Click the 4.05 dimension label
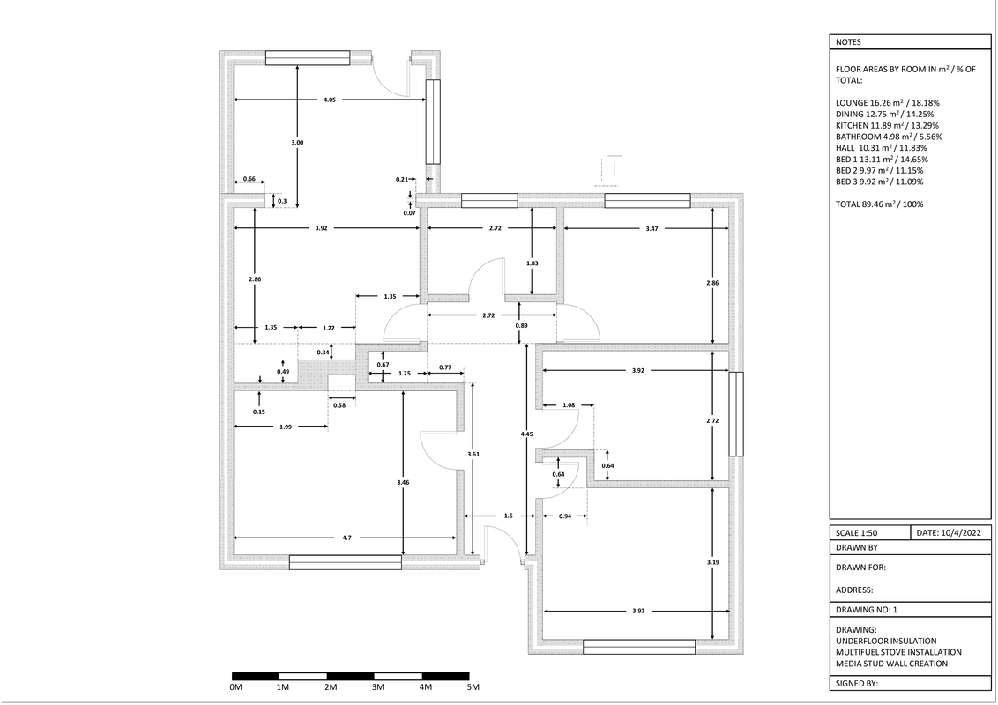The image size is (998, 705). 330,100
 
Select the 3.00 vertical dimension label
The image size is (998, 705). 297,143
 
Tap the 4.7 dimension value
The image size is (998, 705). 346,538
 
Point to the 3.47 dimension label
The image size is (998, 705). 652,229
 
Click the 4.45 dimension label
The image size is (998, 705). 526,434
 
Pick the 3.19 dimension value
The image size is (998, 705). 712,561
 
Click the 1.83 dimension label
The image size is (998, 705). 532,263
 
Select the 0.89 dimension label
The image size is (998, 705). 521,326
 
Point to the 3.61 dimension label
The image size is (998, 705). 473,454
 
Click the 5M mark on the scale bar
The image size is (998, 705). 473,687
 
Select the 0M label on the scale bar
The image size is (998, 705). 235,687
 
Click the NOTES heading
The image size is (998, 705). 849,42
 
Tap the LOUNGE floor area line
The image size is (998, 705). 879,102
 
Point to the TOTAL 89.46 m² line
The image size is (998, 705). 879,204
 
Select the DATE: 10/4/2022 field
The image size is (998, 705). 948,533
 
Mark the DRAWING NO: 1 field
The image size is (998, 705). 866,610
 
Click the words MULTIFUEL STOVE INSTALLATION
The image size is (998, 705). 898,652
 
